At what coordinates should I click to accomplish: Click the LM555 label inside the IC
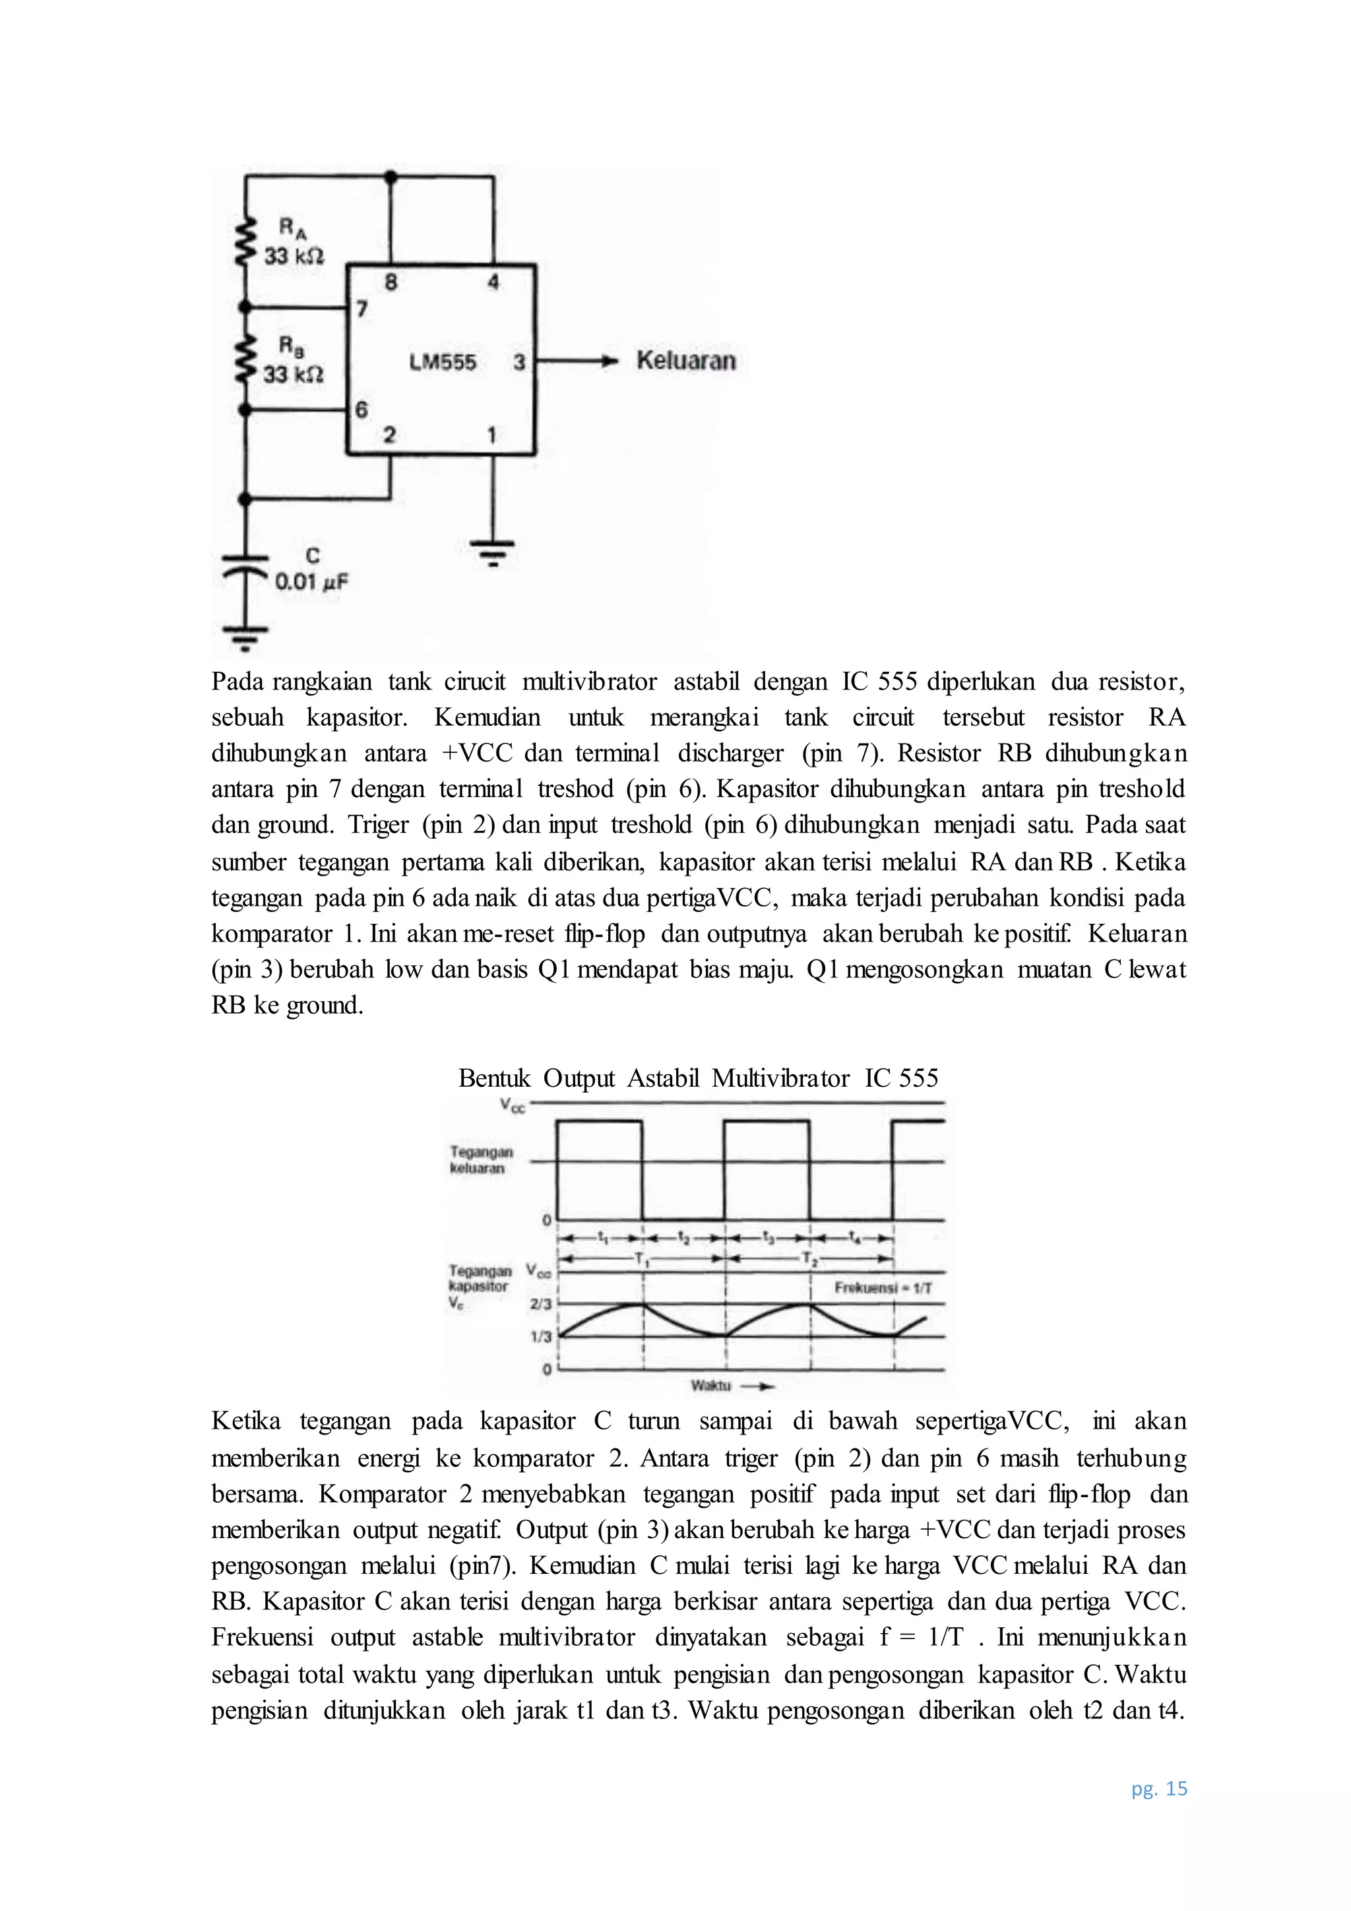click(443, 363)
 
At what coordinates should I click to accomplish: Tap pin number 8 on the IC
click(390, 283)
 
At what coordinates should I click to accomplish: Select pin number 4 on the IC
click(493, 283)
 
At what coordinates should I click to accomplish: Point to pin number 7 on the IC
click(362, 309)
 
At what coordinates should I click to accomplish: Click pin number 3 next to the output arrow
click(519, 363)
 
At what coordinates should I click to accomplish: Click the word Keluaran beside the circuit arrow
click(686, 361)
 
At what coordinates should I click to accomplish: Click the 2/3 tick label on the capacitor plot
click(541, 1304)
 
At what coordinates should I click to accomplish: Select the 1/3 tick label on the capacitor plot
click(541, 1337)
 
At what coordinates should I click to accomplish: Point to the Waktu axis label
click(710, 1386)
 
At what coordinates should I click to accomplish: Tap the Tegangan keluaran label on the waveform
click(481, 1160)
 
